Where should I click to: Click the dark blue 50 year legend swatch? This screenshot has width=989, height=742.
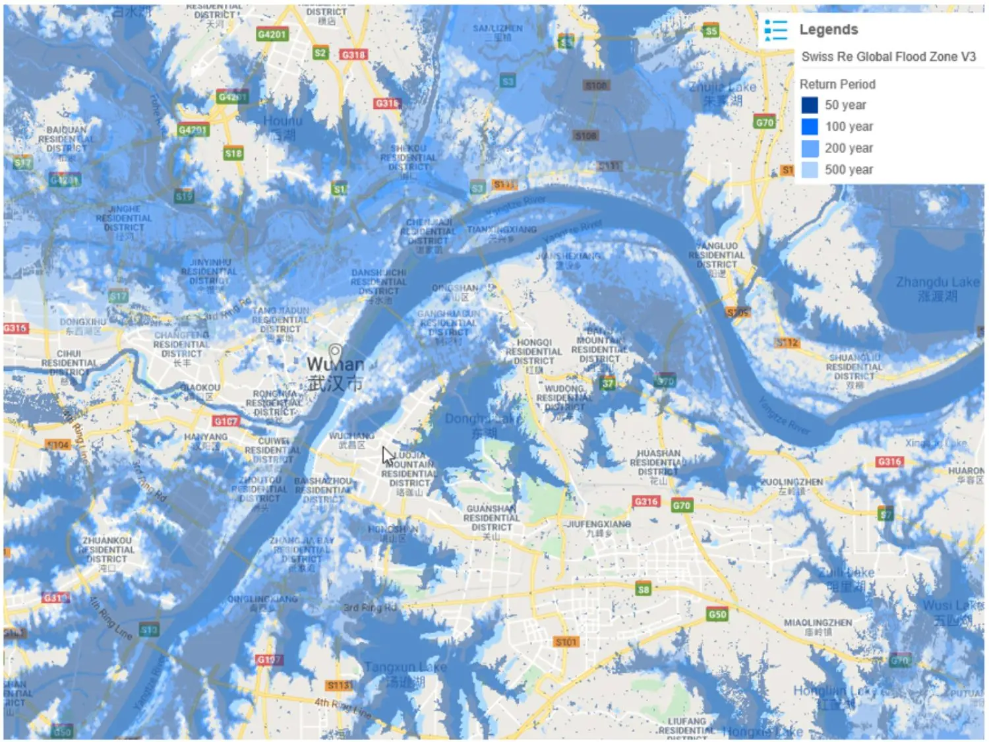809,106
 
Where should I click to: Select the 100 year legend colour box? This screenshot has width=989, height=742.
809,127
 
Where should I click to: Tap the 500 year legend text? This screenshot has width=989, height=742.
849,170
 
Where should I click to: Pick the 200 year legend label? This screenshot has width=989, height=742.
849,148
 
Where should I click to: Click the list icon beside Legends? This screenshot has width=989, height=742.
775,30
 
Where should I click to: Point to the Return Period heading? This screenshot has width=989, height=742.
837,84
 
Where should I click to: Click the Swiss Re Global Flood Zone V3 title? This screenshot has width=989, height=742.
888,57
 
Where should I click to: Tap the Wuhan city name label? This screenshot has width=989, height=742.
335,364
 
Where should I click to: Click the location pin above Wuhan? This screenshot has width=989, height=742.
335,351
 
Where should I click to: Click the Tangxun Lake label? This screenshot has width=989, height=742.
405,667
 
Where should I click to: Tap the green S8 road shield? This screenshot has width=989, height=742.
643,589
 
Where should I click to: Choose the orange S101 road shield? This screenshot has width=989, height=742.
566,642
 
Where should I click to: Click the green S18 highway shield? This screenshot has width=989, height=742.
233,154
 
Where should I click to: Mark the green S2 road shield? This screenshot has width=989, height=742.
320,53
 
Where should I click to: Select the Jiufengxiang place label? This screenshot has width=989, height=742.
598,524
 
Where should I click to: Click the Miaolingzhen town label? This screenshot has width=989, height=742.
818,623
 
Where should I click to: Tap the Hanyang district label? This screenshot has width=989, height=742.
206,437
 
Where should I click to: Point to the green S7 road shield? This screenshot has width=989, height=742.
885,514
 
